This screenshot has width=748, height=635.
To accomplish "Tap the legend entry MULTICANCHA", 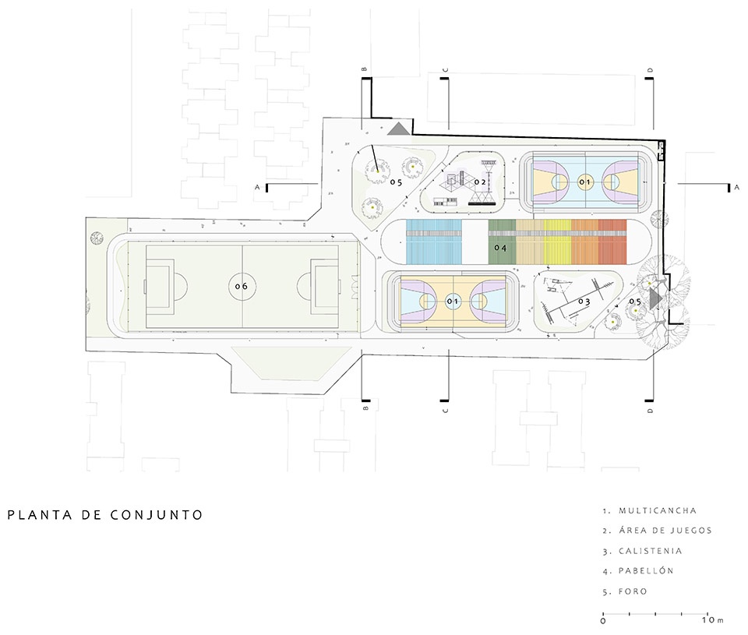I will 658,511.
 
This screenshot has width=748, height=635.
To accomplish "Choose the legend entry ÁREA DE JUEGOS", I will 665,531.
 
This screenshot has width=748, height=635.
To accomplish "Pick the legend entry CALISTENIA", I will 651,551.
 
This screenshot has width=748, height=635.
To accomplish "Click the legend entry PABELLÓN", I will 646,571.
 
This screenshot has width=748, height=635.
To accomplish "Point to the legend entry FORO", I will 633,591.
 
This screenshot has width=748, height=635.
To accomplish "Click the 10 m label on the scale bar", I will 712,621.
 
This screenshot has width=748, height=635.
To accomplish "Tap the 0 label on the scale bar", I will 603,621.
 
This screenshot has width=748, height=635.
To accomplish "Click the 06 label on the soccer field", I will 241,286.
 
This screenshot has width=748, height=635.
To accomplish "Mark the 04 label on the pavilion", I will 500,249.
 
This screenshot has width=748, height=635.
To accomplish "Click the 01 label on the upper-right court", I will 585,182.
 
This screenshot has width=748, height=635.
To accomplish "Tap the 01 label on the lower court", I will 453,301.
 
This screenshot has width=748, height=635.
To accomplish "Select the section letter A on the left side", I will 257,188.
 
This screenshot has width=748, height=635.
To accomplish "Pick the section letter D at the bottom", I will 650,410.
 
